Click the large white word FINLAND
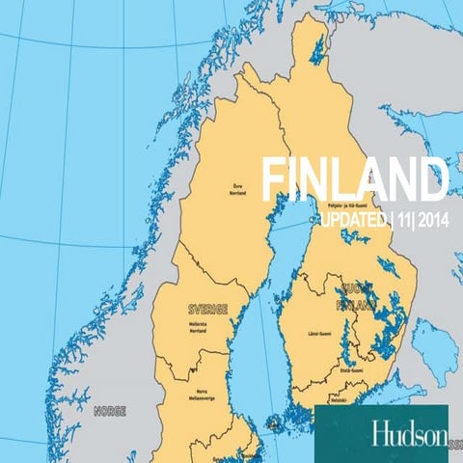point(355,180)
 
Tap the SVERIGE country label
point(206,309)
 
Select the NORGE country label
point(110,410)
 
